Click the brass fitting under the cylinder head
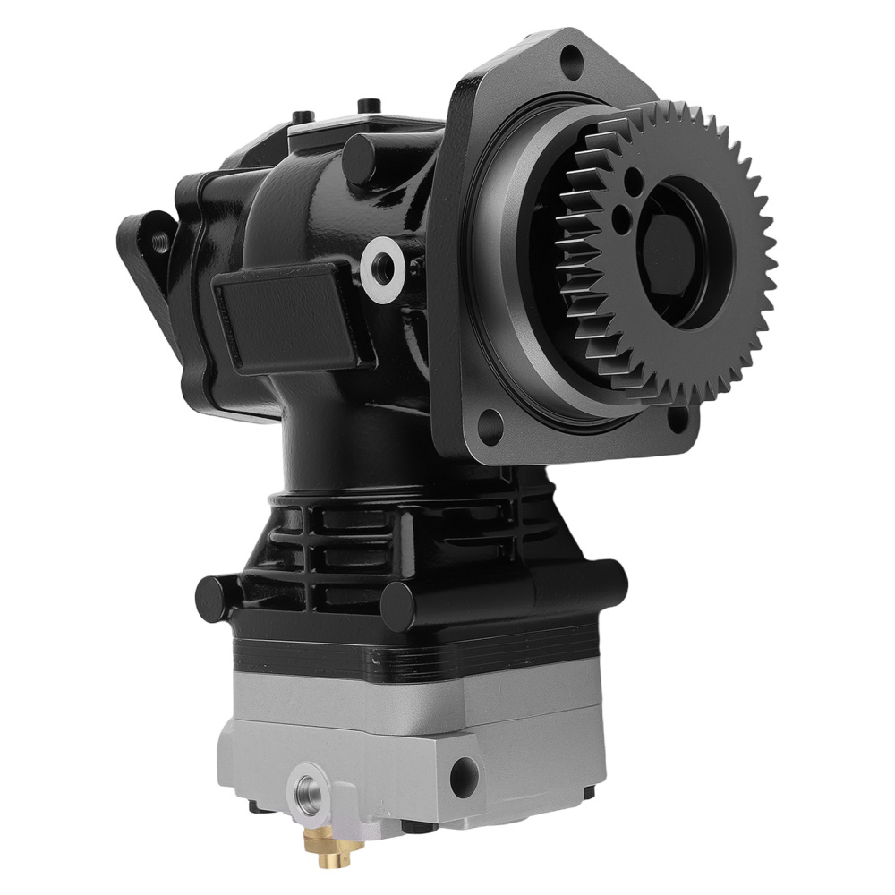click(x=320, y=833)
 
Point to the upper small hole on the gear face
click(x=635, y=183)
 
